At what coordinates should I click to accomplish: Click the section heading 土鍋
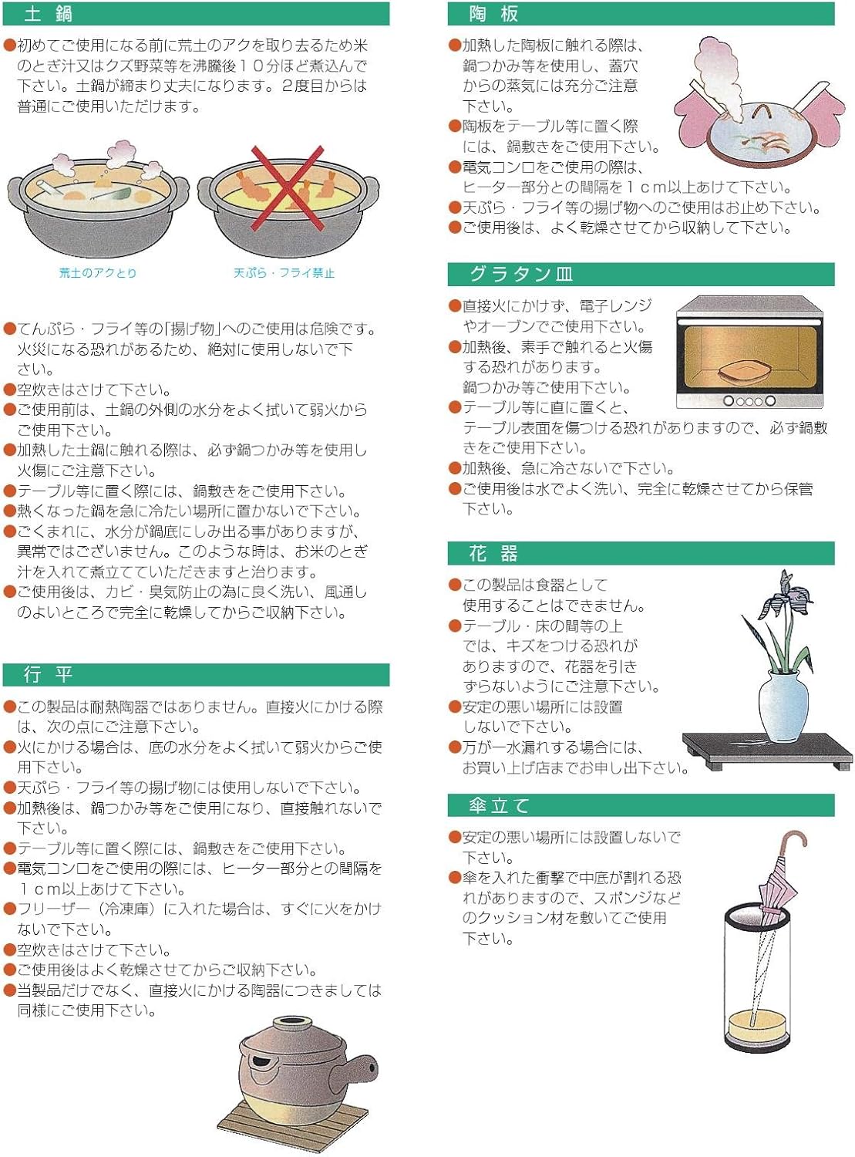tap(48, 14)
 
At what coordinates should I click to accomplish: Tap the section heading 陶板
tap(493, 14)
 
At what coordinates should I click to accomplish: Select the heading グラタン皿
tap(521, 274)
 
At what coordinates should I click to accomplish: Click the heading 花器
tap(493, 553)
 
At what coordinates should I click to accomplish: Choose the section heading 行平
tap(48, 674)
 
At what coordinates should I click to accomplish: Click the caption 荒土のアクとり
tap(97, 273)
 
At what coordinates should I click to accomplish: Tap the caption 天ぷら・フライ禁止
tap(284, 273)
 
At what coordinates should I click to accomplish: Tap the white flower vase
tap(783, 705)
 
